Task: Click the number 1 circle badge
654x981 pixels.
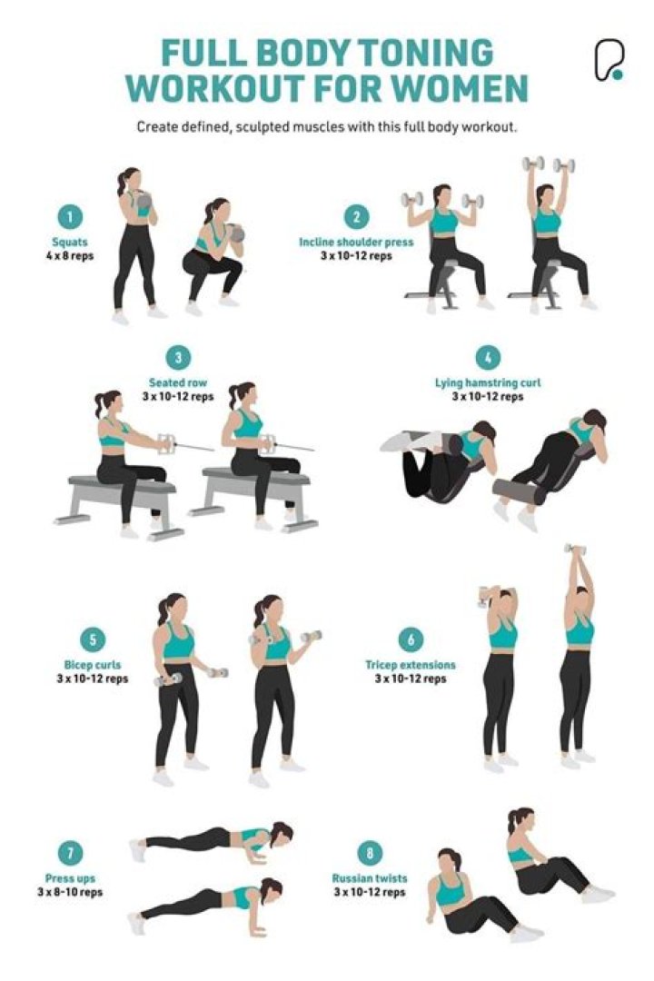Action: (x=70, y=216)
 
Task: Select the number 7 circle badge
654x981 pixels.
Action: (x=70, y=854)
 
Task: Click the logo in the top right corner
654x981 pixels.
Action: (x=609, y=61)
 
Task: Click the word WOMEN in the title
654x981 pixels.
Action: (x=452, y=88)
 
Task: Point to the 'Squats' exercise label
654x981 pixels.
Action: (x=70, y=242)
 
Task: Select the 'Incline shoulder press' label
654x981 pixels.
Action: (x=356, y=243)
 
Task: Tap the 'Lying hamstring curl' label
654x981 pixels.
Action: (x=487, y=383)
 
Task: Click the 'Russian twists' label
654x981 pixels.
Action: (x=370, y=878)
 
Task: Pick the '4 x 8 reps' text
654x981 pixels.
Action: (x=70, y=255)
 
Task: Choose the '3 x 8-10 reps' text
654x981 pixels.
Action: (x=70, y=892)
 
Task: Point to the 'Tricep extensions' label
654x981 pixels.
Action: (x=411, y=665)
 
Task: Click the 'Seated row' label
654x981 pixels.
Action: (x=178, y=383)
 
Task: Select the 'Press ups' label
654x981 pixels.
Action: (x=70, y=878)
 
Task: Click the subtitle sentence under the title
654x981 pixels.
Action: (x=327, y=127)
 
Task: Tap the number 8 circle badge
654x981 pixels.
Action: (x=370, y=853)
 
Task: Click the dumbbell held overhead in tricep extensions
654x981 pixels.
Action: (x=574, y=549)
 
